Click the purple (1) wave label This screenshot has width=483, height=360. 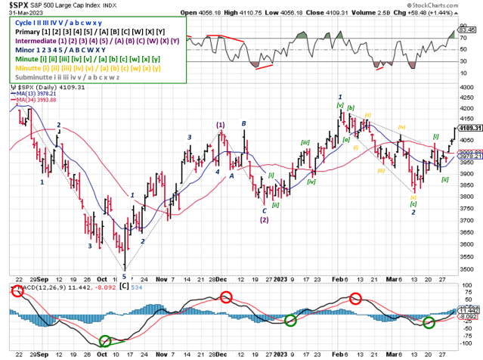point(220,125)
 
